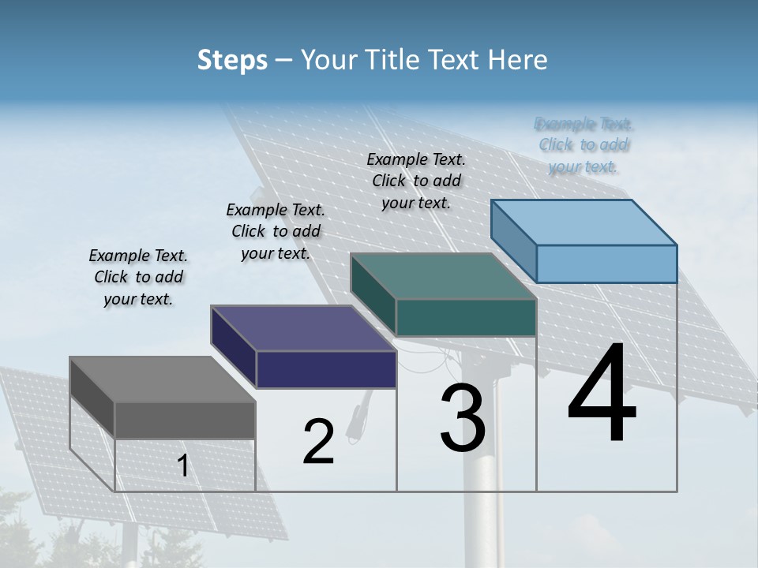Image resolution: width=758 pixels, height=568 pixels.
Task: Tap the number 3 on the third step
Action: pyautogui.click(x=463, y=418)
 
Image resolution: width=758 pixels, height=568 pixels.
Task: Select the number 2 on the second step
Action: pyautogui.click(x=318, y=442)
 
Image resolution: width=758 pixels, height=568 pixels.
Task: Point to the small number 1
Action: pyautogui.click(x=183, y=466)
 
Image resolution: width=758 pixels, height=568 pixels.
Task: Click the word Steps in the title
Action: pyautogui.click(x=232, y=60)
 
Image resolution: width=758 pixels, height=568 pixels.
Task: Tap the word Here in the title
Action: pyautogui.click(x=518, y=60)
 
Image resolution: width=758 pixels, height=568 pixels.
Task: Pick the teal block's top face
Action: pyautogui.click(x=443, y=277)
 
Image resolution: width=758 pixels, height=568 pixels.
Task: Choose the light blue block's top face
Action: pyautogui.click(x=584, y=222)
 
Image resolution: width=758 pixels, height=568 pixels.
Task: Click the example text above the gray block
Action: pyautogui.click(x=138, y=278)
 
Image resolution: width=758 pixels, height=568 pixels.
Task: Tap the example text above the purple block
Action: pyautogui.click(x=276, y=232)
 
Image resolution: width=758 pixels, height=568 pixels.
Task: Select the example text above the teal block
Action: pyautogui.click(x=416, y=181)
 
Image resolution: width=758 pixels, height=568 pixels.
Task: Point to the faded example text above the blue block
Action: pyautogui.click(x=584, y=145)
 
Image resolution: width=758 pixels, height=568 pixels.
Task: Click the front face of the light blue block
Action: pyautogui.click(x=606, y=263)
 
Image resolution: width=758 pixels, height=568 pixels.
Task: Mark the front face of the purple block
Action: pyautogui.click(x=326, y=369)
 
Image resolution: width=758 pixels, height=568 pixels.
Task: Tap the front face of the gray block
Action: pyautogui.click(x=185, y=420)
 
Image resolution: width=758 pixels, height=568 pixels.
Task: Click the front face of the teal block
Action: pyautogui.click(x=466, y=317)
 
